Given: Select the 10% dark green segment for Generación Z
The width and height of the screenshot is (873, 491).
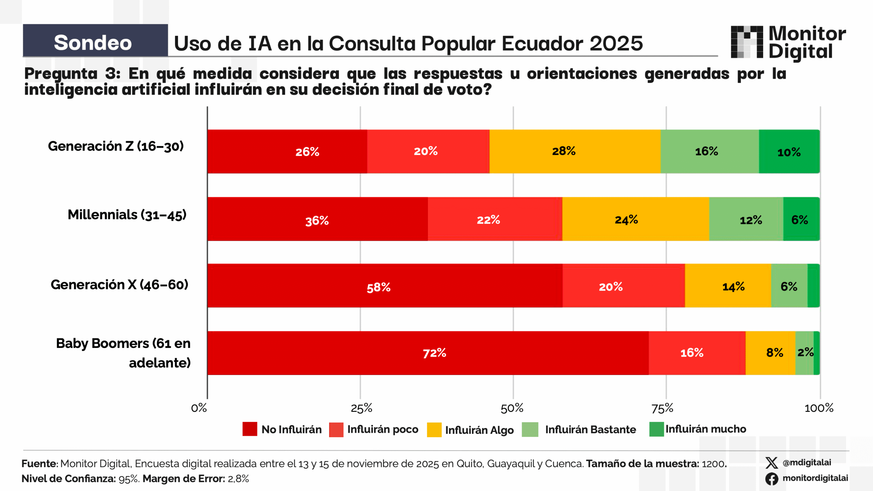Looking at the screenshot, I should click(x=789, y=152).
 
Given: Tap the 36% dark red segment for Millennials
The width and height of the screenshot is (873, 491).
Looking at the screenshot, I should click(x=317, y=219).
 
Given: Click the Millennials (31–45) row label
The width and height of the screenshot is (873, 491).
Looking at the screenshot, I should click(x=127, y=215).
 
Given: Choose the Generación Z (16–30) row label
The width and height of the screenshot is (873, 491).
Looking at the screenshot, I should click(x=116, y=146).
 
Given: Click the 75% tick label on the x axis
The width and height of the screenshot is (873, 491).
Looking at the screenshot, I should click(x=662, y=408).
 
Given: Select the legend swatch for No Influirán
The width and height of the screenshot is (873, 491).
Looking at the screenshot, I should click(x=250, y=429).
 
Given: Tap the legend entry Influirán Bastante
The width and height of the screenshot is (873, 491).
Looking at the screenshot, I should click(x=590, y=429).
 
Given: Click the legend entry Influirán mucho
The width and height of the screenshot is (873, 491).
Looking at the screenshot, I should click(x=706, y=429).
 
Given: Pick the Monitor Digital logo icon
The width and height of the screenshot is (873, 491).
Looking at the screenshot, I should click(x=747, y=42).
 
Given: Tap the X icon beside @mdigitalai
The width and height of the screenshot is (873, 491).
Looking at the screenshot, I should click(x=771, y=463).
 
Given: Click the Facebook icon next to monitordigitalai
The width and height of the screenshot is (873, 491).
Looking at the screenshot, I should click(x=771, y=478).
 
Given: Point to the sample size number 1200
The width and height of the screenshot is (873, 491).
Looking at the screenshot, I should click(x=713, y=464).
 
